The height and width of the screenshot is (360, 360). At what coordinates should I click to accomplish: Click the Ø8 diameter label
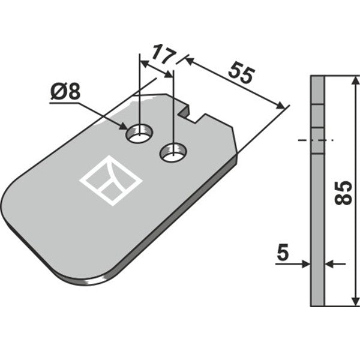tap(65, 92)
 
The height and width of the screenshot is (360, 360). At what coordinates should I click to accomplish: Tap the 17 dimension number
tap(164, 55)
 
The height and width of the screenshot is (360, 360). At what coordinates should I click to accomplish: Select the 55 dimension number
tap(242, 73)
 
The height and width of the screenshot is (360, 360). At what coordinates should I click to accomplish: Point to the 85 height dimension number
tap(343, 193)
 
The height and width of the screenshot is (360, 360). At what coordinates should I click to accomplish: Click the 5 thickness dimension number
tap(283, 253)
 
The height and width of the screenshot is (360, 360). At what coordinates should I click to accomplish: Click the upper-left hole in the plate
tap(139, 134)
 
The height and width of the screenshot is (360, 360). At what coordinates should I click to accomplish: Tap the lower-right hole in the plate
tap(173, 152)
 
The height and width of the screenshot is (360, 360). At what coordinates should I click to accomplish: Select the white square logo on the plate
tap(111, 180)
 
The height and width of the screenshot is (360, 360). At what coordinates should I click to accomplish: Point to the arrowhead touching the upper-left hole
tap(123, 126)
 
